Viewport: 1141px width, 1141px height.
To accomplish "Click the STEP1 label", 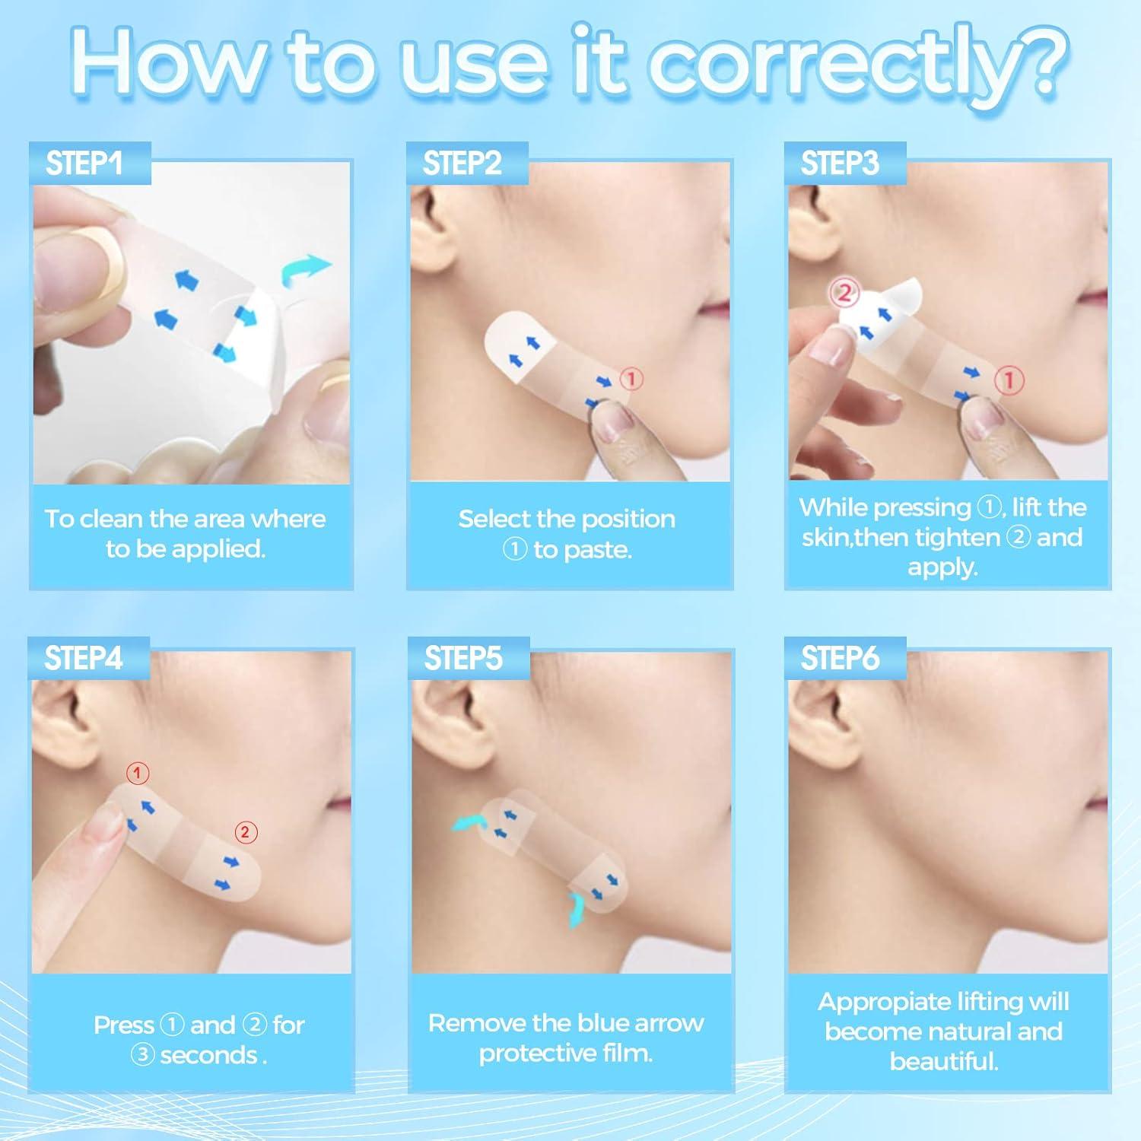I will point(84,164).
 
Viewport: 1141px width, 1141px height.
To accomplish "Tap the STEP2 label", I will point(462,164).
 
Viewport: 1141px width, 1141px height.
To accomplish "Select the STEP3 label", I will point(839,164).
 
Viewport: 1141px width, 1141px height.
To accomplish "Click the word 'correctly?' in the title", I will point(860,65).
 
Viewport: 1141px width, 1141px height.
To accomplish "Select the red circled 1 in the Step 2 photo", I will point(632,378).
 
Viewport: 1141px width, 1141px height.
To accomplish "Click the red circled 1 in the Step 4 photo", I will point(137,774).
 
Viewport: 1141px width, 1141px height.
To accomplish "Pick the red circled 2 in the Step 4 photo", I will point(245,832).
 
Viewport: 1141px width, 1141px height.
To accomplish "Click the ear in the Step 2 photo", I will point(434,221).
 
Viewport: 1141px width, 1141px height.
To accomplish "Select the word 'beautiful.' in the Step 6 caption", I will point(943,1061).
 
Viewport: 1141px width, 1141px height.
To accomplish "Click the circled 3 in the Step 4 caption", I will point(142,1056).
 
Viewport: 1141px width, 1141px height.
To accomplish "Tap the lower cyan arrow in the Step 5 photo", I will point(577,909).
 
